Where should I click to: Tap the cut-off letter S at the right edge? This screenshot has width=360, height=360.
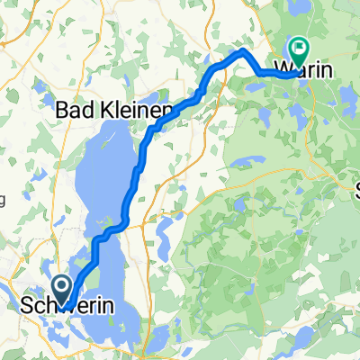pos(355,190)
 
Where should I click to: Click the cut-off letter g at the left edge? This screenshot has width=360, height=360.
pos(3,199)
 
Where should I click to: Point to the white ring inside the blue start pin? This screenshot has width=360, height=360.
pos(61,285)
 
